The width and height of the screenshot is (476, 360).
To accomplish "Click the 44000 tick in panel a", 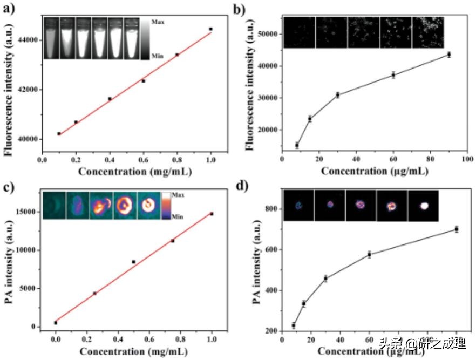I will [x=28, y=40].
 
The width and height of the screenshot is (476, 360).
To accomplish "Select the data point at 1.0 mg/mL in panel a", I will [x=210, y=29].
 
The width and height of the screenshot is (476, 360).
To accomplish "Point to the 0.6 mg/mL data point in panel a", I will [x=143, y=81].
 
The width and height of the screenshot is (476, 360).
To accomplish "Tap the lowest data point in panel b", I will [x=297, y=145].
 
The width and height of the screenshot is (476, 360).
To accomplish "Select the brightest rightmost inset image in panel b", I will [x=428, y=32].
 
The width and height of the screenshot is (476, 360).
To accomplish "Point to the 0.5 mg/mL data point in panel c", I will [x=133, y=262].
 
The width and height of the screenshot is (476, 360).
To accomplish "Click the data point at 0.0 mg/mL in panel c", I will [x=56, y=323].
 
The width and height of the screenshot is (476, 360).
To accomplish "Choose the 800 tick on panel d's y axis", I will [x=271, y=209].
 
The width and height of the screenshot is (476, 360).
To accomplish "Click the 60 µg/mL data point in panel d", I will [x=370, y=254].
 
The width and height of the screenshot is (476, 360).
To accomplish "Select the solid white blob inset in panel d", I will [x=424, y=206].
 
